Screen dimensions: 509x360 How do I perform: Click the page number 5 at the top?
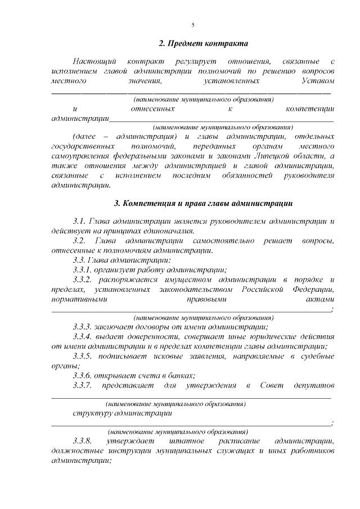pyautogui.click(x=193, y=25)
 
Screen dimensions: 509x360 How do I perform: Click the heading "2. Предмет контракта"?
pyautogui.click(x=204, y=43)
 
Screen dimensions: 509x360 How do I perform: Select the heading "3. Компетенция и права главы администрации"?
pyautogui.click(x=203, y=203)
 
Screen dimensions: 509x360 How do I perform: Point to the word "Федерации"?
pyautogui.click(x=313, y=289)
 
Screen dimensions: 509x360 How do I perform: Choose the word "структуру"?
pyautogui.click(x=92, y=413)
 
